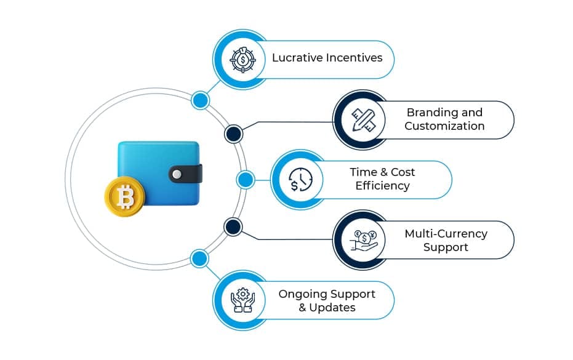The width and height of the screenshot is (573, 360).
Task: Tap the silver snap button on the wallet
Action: [177, 174]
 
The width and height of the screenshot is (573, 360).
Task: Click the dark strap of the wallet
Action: [187, 174]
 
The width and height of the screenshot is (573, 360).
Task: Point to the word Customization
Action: [444, 126]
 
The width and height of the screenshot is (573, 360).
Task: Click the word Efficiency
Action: [382, 186]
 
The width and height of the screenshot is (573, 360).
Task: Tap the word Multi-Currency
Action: [446, 234]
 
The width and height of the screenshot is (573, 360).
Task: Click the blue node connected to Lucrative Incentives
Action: [200, 100]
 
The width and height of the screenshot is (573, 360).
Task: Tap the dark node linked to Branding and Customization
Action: [233, 134]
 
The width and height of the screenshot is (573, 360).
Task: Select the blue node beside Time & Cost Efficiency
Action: [245, 180]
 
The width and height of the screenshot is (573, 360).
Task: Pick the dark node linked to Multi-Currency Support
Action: [233, 226]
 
